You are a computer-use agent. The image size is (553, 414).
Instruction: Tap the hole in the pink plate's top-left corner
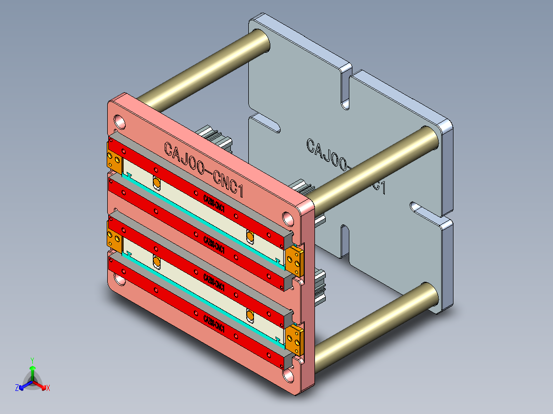click(120, 121)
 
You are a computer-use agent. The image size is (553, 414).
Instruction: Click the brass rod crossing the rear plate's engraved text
click(374, 167)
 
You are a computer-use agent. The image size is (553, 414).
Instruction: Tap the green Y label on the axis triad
click(32, 360)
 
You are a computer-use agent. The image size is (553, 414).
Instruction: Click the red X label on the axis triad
click(48, 388)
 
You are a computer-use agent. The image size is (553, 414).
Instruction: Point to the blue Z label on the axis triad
click(17, 388)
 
